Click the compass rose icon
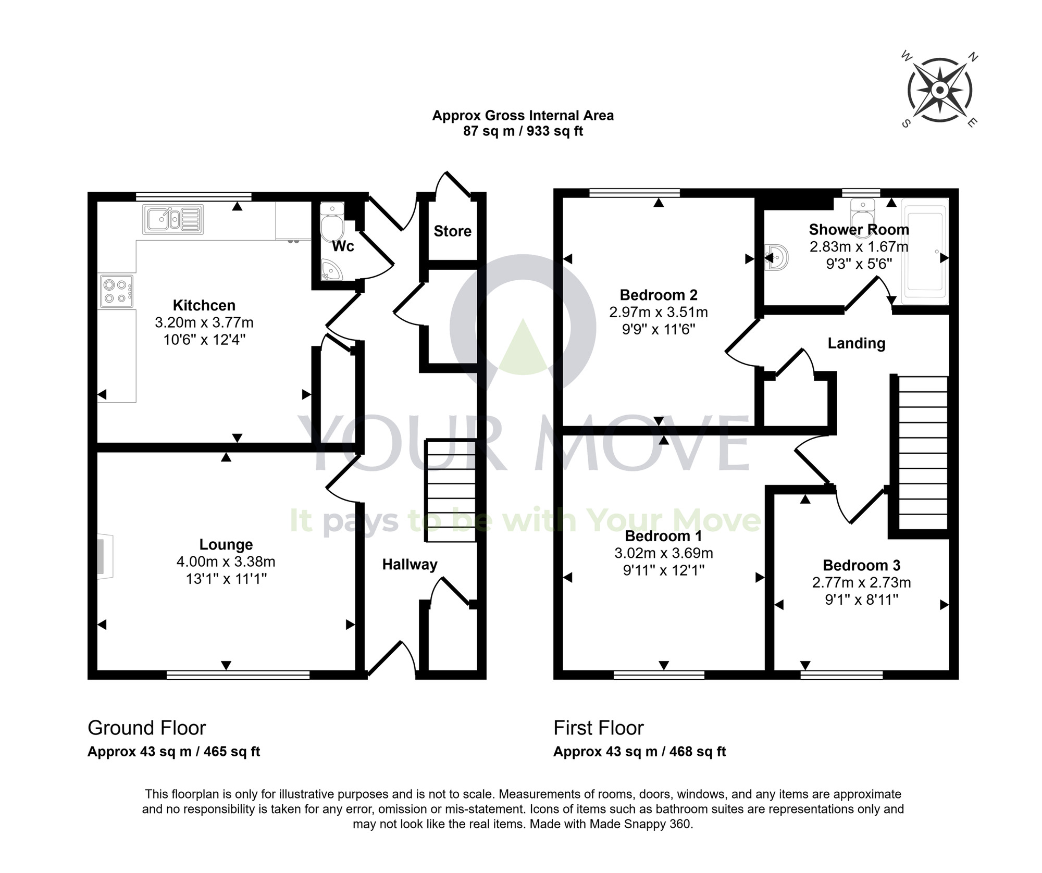coord(939,91)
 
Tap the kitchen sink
coord(172,219)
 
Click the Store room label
coord(452,231)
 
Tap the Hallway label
coord(410,564)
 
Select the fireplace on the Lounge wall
coord(104,556)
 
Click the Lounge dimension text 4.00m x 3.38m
coord(226,562)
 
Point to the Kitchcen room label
coord(204,305)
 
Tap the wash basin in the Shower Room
coord(777,257)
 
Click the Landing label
coord(856,343)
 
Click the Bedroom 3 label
coord(861,565)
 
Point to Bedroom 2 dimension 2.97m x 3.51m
coord(658,312)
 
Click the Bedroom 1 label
coord(663,535)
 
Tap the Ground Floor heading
coord(146,728)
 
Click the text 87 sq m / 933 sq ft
coord(523,131)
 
